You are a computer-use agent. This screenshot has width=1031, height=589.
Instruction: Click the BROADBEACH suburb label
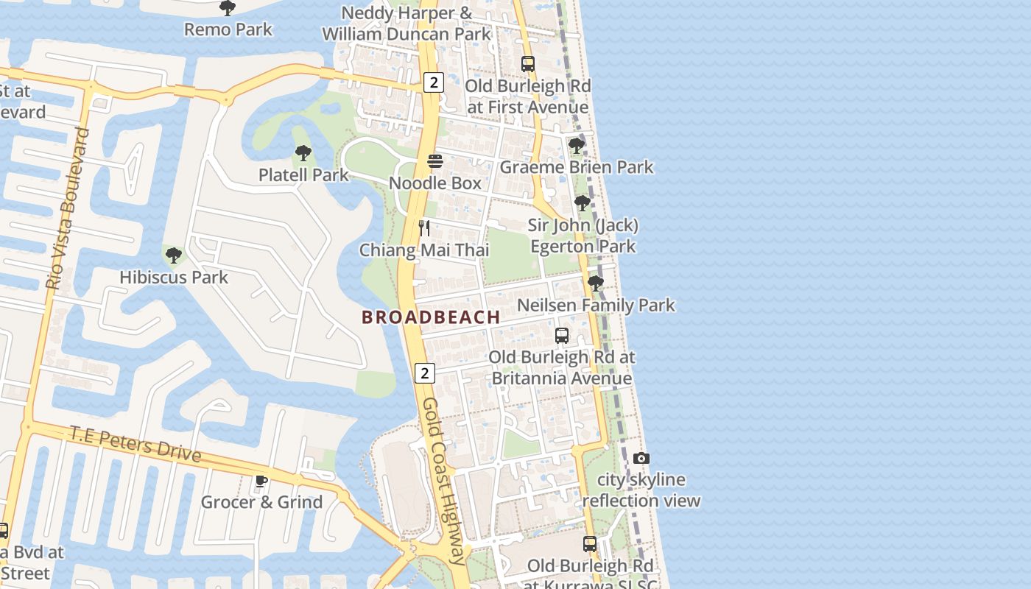point(431,317)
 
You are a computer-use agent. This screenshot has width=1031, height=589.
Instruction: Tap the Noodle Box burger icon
point(435,161)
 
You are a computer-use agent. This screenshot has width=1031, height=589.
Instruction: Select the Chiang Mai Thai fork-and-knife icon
point(424,228)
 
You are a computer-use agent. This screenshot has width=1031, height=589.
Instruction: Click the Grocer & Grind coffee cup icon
point(261,481)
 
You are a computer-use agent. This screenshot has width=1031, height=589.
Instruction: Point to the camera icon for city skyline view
point(641,458)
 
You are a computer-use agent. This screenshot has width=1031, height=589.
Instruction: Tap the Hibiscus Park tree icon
point(174,255)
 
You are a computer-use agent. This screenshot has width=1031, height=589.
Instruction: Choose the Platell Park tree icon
point(303,153)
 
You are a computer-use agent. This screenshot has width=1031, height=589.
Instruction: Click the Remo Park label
point(228,29)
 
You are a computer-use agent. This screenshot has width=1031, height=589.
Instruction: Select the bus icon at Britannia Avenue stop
point(562,335)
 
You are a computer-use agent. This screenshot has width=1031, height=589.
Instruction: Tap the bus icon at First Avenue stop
point(528,64)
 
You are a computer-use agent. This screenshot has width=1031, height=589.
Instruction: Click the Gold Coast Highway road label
point(446,482)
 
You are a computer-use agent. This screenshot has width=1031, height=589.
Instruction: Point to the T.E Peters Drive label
point(136,443)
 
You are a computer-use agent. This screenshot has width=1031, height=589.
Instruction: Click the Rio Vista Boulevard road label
point(68,208)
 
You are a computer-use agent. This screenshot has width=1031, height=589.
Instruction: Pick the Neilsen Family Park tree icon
point(596,283)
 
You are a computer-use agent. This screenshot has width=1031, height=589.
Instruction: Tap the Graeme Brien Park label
point(577,167)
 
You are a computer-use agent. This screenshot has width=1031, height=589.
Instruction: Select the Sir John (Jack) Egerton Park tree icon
point(583,202)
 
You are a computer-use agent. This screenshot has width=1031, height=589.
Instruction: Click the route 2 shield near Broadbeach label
point(424,373)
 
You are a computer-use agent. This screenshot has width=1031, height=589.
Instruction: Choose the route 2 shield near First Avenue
point(433,82)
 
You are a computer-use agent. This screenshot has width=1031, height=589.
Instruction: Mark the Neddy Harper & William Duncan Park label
point(407,24)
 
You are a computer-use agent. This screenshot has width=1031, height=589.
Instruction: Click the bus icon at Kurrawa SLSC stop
point(590,544)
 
